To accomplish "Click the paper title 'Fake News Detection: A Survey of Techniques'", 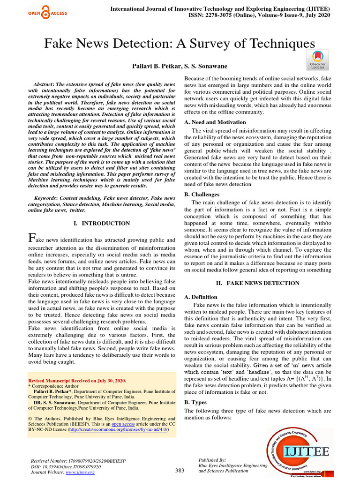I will coord(180,44).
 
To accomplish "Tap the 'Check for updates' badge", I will coord(317,60).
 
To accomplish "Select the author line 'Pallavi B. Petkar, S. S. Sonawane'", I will coord(180,68).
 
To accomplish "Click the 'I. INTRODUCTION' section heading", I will coord(102,224).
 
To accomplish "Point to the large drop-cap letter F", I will coord(32,238).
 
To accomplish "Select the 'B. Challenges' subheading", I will coord(202,194).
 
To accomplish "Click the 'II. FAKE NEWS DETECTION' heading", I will coord(257,283).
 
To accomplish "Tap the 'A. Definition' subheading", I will coord(201,297).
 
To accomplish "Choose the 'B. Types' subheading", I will coord(195,402).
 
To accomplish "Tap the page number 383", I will coord(180,470).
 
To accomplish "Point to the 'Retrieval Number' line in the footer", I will coord(78,461).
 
